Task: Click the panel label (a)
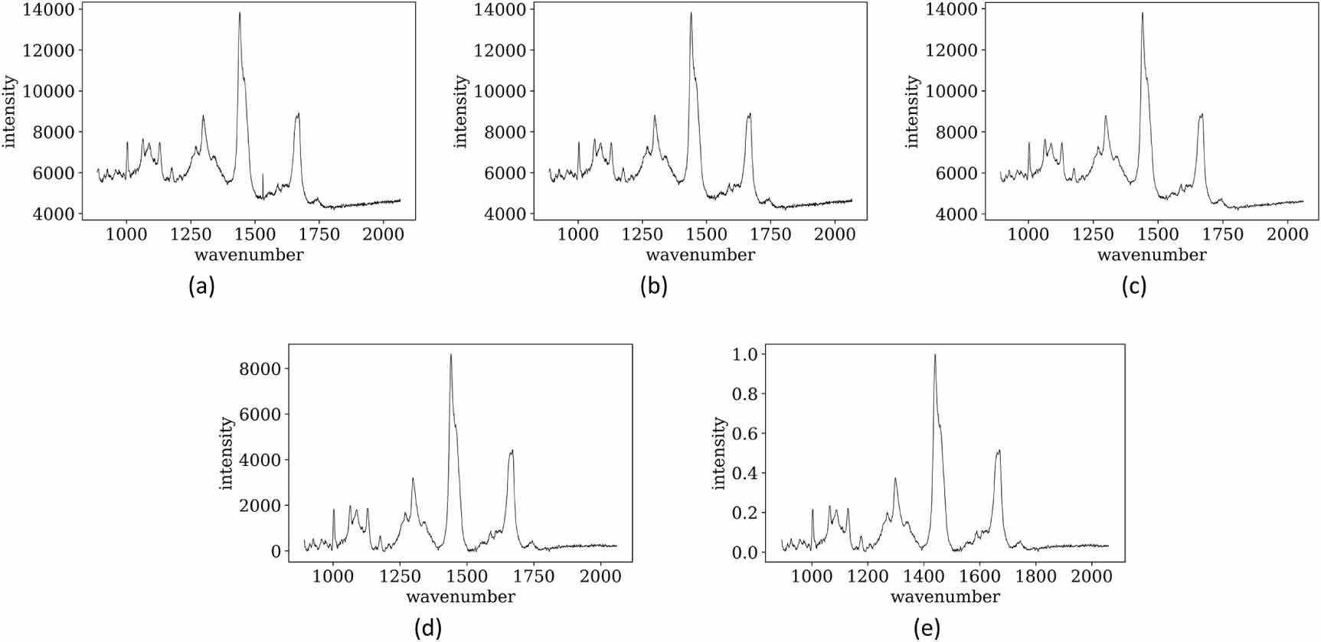pyautogui.click(x=201, y=286)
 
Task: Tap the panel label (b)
pyautogui.click(x=653, y=286)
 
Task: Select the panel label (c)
pyautogui.click(x=1133, y=286)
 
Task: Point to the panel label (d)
pyautogui.click(x=427, y=628)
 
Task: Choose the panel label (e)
pyautogui.click(x=927, y=628)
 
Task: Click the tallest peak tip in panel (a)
pyautogui.click(x=240, y=13)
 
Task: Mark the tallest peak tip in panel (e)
pyautogui.click(x=934, y=355)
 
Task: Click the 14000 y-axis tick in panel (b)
pyautogui.click(x=499, y=10)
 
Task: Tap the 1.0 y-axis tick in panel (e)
pyautogui.click(x=744, y=354)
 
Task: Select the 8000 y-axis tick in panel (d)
pyautogui.click(x=260, y=369)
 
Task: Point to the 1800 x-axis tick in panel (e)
pyautogui.click(x=1035, y=575)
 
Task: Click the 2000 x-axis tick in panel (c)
pyautogui.click(x=1287, y=234)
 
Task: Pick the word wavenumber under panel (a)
pyautogui.click(x=249, y=255)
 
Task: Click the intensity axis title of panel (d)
pyautogui.click(x=226, y=453)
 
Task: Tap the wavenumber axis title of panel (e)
pyautogui.click(x=945, y=597)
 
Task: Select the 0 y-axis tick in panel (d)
pyautogui.click(x=276, y=552)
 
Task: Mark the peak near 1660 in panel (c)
pyautogui.click(x=1202, y=115)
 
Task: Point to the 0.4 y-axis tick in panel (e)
pyautogui.click(x=744, y=473)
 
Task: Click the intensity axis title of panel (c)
pyautogui.click(x=911, y=112)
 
